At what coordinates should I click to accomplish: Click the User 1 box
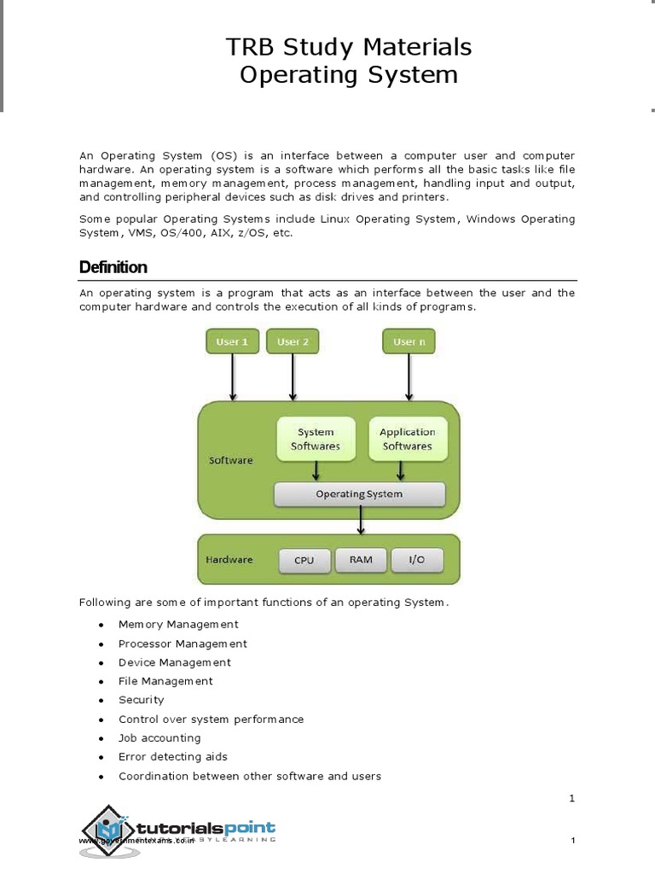pos(232,341)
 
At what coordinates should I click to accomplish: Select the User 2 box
pos(293,341)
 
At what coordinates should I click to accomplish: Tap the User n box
pos(409,341)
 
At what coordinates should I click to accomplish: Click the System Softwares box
pos(316,439)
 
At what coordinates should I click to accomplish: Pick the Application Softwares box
pos(407,439)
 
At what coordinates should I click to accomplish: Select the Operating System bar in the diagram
pos(359,494)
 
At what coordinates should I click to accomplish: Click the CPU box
pos(304,561)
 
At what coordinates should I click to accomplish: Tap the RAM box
pos(361,560)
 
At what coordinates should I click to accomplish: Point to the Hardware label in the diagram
pos(229,560)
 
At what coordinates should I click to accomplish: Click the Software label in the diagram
pos(231,460)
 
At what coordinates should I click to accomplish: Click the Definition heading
pos(113,267)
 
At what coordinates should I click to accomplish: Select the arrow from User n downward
pos(409,377)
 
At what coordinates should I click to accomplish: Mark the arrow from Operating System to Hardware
pos(362,520)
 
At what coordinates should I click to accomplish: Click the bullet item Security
pos(142,700)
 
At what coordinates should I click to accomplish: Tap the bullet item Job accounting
pos(159,737)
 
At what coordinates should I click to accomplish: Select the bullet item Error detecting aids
pos(173,756)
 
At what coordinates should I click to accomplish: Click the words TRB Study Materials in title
pos(348,46)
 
